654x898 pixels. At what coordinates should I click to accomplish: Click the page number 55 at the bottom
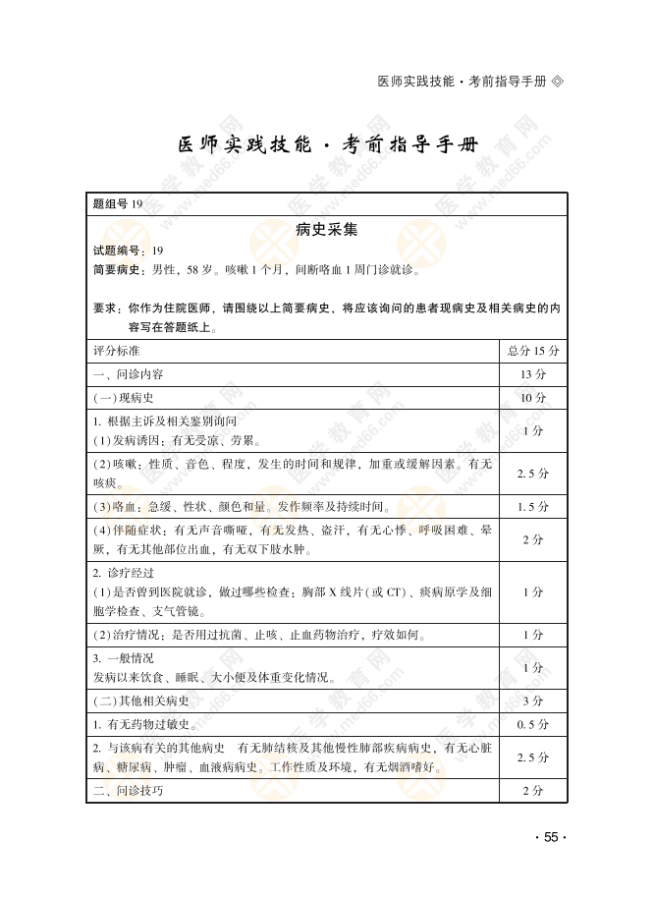click(550, 837)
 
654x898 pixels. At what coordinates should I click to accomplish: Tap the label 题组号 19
click(117, 204)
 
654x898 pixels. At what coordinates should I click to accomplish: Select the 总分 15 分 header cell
click(533, 351)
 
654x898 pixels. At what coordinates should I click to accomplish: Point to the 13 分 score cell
click(533, 374)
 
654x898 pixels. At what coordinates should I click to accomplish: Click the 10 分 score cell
click(533, 398)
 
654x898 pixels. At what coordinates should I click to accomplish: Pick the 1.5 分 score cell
click(533, 507)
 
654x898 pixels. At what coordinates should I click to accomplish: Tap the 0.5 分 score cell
click(533, 725)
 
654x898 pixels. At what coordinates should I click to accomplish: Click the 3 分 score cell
click(533, 701)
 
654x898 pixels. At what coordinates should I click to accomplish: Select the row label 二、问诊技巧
click(128, 791)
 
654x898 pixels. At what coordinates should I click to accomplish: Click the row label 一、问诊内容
click(128, 374)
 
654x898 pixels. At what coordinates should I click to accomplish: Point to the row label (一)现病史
click(123, 398)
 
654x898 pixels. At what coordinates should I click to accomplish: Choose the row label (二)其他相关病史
click(141, 701)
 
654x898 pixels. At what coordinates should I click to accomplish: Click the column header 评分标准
click(116, 351)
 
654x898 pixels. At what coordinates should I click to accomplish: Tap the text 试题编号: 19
click(129, 251)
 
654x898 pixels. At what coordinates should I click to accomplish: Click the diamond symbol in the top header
click(559, 81)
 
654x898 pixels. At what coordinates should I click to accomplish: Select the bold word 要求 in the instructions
click(105, 308)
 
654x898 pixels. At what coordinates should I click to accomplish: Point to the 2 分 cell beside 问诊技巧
click(533, 791)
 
